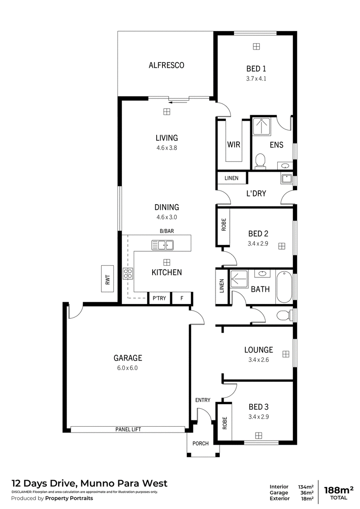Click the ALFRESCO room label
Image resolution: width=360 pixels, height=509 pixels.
click(166, 65)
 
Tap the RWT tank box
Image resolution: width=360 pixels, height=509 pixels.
click(108, 278)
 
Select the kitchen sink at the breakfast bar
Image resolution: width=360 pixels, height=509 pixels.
click(162, 245)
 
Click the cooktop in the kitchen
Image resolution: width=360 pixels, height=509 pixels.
click(127, 273)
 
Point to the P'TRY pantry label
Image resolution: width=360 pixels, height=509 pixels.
click(159, 298)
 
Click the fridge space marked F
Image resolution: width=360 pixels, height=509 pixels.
click(182, 298)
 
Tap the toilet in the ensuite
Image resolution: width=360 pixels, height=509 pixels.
click(260, 161)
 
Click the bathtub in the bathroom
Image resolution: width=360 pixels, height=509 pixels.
click(284, 286)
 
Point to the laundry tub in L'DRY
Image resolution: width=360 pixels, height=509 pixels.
click(286, 179)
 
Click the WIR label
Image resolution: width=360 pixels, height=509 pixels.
click(234, 144)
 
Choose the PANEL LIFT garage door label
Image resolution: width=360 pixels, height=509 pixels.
click(128, 429)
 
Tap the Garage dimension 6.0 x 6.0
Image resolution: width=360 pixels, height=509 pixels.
click(128, 368)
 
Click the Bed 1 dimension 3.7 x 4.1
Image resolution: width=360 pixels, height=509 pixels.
click(256, 79)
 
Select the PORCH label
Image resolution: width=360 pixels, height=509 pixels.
click(200, 443)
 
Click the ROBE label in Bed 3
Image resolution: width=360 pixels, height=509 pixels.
click(225, 423)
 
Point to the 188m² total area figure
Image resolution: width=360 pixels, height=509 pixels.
click(338, 490)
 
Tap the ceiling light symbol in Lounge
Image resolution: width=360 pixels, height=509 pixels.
click(286, 354)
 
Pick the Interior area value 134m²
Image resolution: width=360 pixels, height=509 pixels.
click(306, 487)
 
